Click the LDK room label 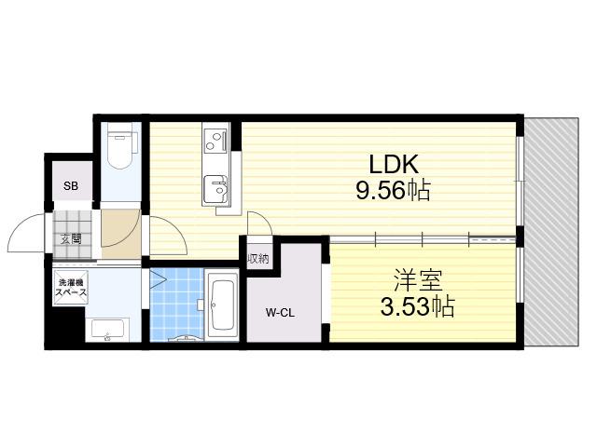(x=394, y=164)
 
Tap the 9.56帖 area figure (x=394, y=190)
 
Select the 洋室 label (x=418, y=280)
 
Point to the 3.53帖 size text (x=418, y=306)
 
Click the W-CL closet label (x=280, y=313)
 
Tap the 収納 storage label (x=258, y=259)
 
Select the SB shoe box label (x=71, y=186)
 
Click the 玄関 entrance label (x=71, y=239)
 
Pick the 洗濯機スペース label (x=71, y=288)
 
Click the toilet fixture (x=120, y=146)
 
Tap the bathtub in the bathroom (x=223, y=305)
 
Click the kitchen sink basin (x=215, y=190)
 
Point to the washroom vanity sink (x=108, y=330)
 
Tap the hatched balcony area (x=551, y=232)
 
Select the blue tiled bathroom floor (x=177, y=305)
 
